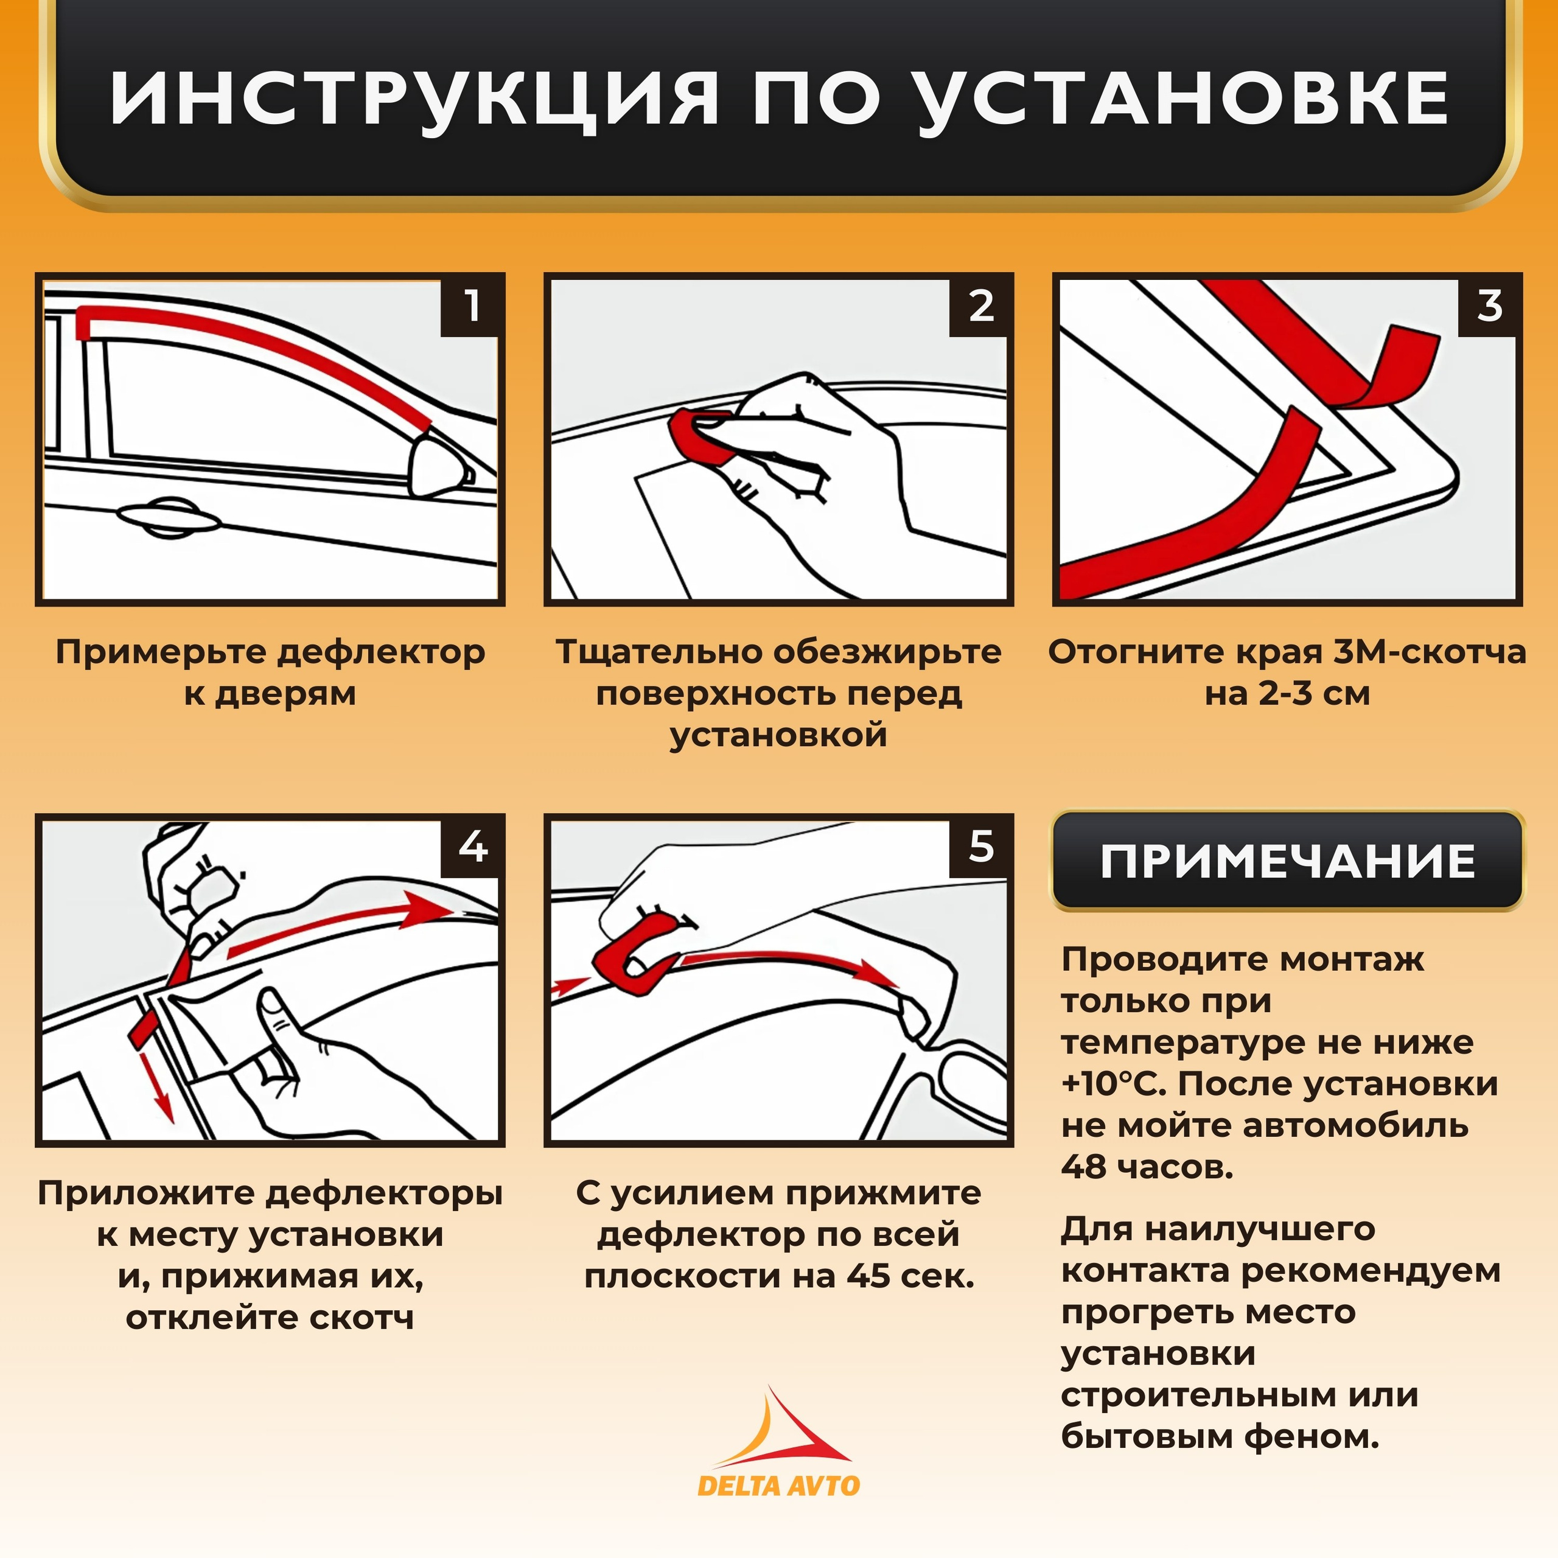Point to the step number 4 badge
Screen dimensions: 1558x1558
point(472,847)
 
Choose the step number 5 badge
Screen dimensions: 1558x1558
point(980,847)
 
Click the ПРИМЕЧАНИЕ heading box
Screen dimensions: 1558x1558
point(1287,861)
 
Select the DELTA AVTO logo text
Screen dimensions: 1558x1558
point(778,1486)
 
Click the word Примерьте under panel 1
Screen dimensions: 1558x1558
point(161,652)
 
